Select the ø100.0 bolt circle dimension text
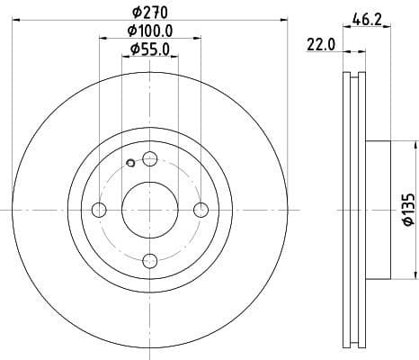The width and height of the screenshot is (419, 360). (x=149, y=32)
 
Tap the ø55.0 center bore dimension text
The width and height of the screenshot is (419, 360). (x=149, y=49)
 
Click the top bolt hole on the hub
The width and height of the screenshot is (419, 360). (x=150, y=159)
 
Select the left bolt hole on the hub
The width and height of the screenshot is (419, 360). (x=99, y=210)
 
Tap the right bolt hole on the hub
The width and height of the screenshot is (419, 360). (x=201, y=210)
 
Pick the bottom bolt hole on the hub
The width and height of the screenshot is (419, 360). (x=150, y=261)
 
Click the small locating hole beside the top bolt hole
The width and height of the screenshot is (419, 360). (x=131, y=163)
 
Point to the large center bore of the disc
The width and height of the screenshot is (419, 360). (x=150, y=210)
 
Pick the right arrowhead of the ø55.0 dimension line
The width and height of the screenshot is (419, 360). (x=174, y=58)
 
